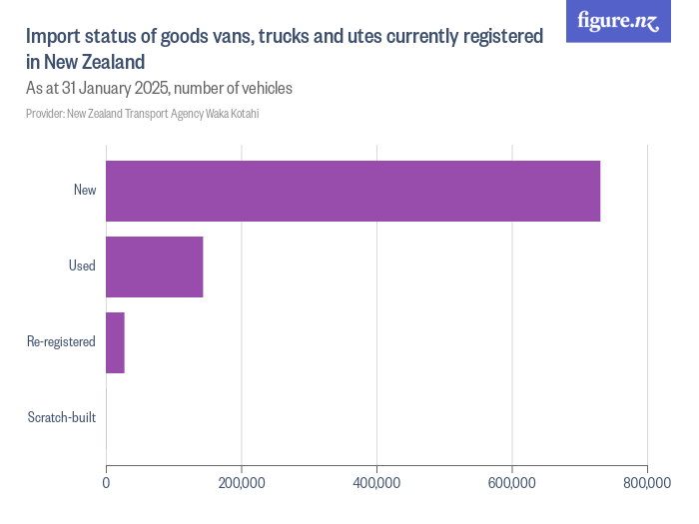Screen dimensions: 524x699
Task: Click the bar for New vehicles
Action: pyautogui.click(x=352, y=191)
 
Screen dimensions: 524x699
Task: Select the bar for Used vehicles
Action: pyautogui.click(x=155, y=266)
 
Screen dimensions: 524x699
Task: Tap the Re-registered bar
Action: pyautogui.click(x=115, y=342)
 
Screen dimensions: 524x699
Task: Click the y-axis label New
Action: pyautogui.click(x=85, y=190)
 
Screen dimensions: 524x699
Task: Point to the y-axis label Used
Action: pyautogui.click(x=82, y=265)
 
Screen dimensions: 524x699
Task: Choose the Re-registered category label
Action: pyautogui.click(x=62, y=341)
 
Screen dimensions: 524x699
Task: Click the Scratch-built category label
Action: pyautogui.click(x=62, y=417)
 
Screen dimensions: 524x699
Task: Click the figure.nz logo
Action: pyautogui.click(x=618, y=22)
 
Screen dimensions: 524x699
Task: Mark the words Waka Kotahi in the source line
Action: pyautogui.click(x=233, y=114)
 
